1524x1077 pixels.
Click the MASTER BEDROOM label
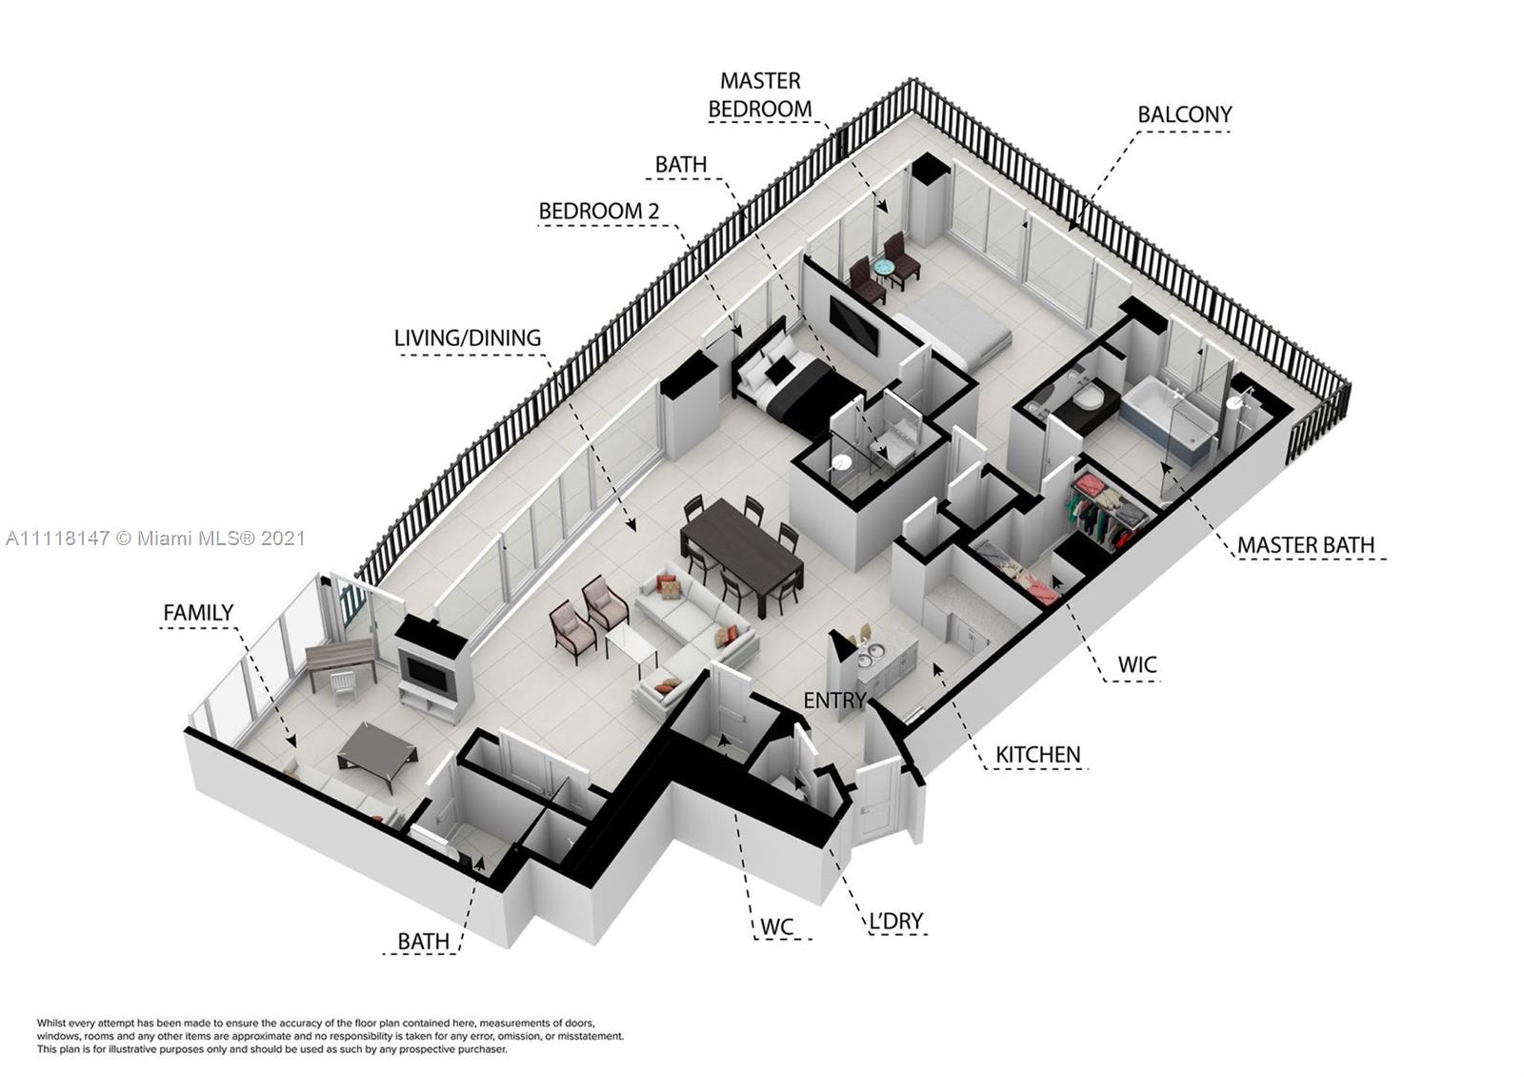click(760, 94)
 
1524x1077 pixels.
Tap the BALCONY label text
click(1185, 114)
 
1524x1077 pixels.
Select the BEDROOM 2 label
click(599, 211)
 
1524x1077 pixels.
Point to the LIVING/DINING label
click(468, 337)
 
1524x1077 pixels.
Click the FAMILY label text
click(198, 613)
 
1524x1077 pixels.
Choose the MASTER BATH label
click(1305, 544)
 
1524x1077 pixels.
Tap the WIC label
click(1137, 664)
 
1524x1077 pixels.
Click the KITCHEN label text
click(1037, 754)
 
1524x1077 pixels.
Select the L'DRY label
click(896, 921)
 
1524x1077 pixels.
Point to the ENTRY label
click(834, 700)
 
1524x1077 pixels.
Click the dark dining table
click(742, 554)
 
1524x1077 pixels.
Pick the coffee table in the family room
click(377, 757)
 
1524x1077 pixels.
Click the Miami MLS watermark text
click(156, 538)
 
